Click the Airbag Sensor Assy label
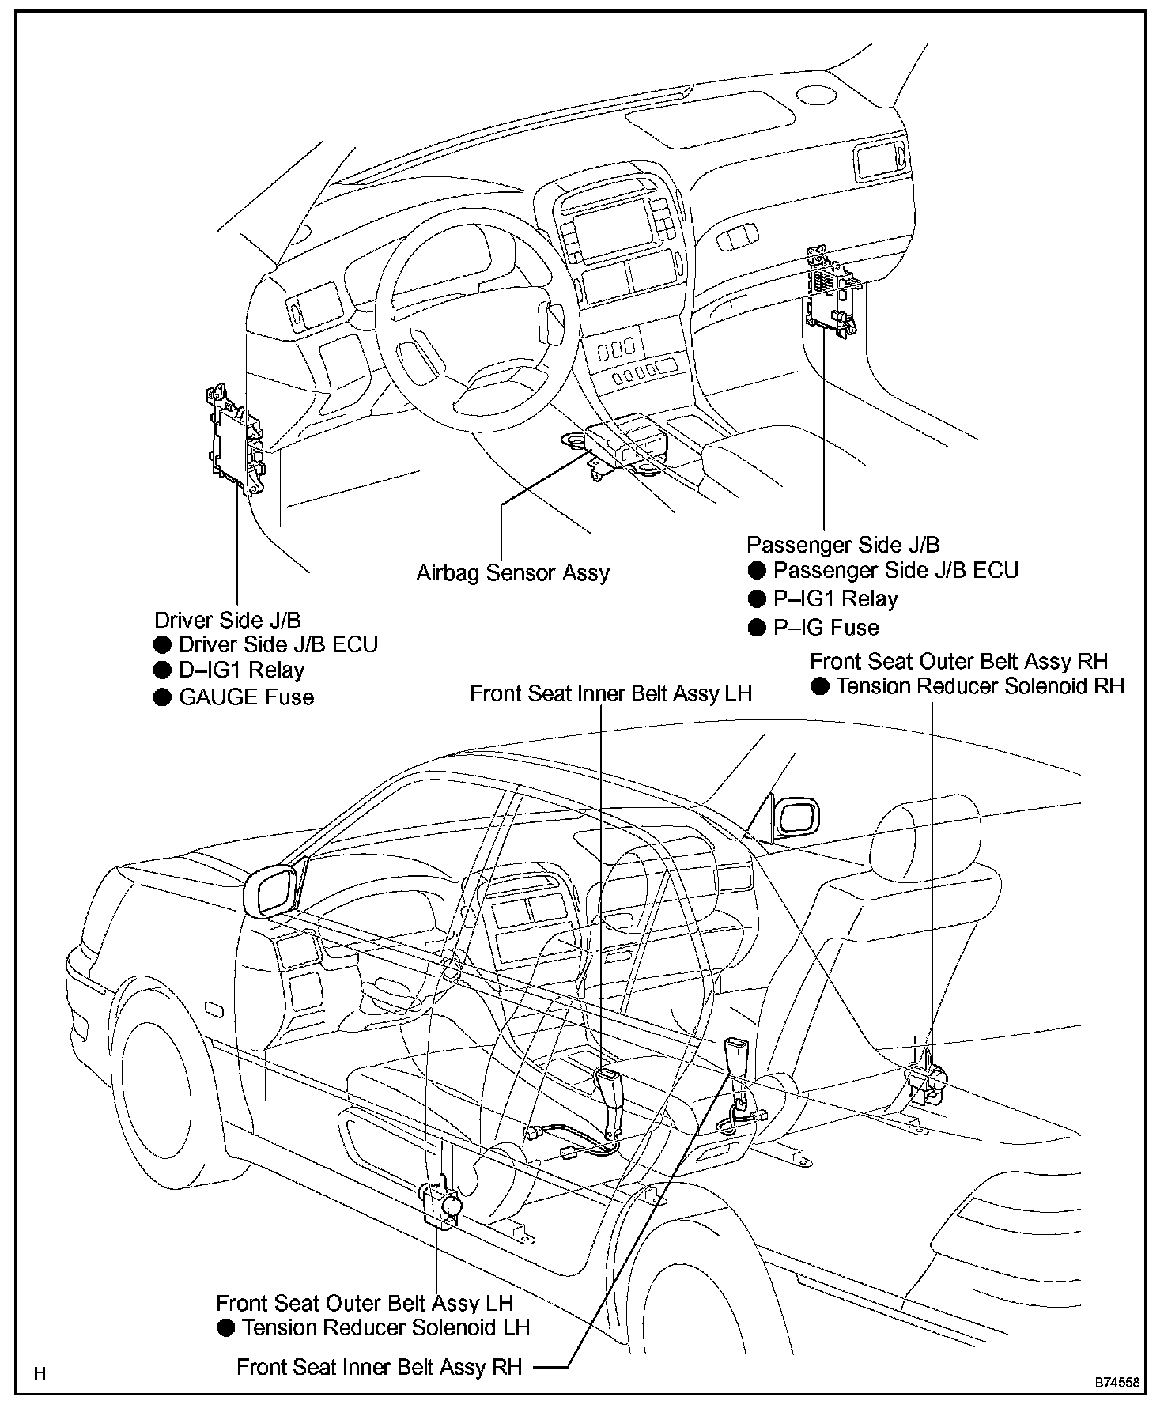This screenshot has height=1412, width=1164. click(x=512, y=572)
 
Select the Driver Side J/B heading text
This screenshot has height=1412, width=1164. click(x=228, y=620)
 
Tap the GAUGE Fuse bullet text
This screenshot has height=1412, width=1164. click(x=247, y=697)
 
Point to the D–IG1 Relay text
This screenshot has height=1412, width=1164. click(x=241, y=670)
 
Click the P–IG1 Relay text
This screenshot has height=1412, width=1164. click(x=835, y=598)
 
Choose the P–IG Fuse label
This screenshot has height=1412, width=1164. click(x=826, y=628)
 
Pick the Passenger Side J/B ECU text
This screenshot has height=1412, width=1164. click(x=895, y=570)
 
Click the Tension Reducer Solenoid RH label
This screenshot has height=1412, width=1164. click(x=980, y=686)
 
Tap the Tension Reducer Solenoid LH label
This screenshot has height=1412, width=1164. click(x=385, y=1327)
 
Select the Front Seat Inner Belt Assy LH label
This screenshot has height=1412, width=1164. click(x=610, y=693)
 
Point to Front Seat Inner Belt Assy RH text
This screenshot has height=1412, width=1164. click(x=380, y=1367)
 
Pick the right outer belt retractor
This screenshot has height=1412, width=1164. click(x=927, y=1081)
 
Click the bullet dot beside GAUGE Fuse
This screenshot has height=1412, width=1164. click(x=163, y=697)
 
